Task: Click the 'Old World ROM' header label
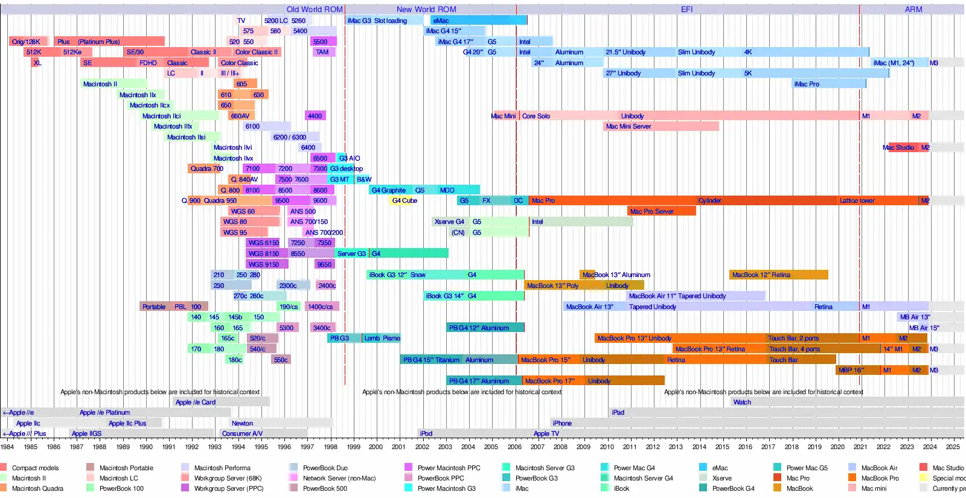tap(314, 10)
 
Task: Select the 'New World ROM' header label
tap(426, 10)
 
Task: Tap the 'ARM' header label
tap(913, 10)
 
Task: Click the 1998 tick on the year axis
tap(330, 447)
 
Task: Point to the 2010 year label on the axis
tap(607, 447)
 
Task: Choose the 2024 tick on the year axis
tap(930, 447)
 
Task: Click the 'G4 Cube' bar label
tap(404, 201)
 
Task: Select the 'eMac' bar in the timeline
tap(477, 21)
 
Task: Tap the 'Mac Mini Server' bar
tap(661, 127)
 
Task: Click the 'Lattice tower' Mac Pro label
tap(857, 201)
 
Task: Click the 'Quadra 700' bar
tap(206, 169)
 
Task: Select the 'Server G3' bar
tap(351, 254)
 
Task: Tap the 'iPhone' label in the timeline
tap(561, 424)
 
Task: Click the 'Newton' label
tap(242, 424)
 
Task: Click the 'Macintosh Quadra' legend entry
tap(37, 489)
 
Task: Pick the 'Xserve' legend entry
tap(721, 479)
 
